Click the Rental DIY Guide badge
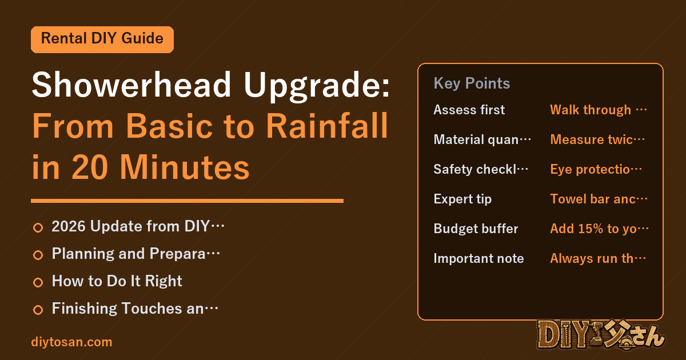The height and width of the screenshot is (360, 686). [x=102, y=39]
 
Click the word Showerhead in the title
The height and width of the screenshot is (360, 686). [x=131, y=85]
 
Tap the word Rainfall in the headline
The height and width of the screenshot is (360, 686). [x=327, y=126]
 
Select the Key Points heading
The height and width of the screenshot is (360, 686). [x=472, y=83]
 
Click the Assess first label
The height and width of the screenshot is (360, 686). [x=469, y=110]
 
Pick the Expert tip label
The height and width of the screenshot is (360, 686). [x=462, y=199]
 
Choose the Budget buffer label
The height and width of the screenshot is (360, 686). [x=476, y=229]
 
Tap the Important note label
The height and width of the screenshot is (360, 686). [x=478, y=258]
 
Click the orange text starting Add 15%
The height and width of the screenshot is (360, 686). [x=599, y=229]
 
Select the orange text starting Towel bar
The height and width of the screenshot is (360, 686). [x=599, y=199]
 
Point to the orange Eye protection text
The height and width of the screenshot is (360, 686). [x=596, y=169]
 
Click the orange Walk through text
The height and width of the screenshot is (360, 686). [x=599, y=110]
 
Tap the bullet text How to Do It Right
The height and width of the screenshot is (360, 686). [x=117, y=281]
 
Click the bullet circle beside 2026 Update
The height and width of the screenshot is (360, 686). [x=38, y=227]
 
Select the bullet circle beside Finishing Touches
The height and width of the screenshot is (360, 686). [x=38, y=310]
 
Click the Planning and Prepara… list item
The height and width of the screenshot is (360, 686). [x=135, y=254]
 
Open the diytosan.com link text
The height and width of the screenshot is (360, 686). [x=71, y=342]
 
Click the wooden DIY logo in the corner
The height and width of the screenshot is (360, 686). [x=601, y=335]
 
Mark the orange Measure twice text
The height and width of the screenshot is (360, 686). [x=597, y=139]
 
